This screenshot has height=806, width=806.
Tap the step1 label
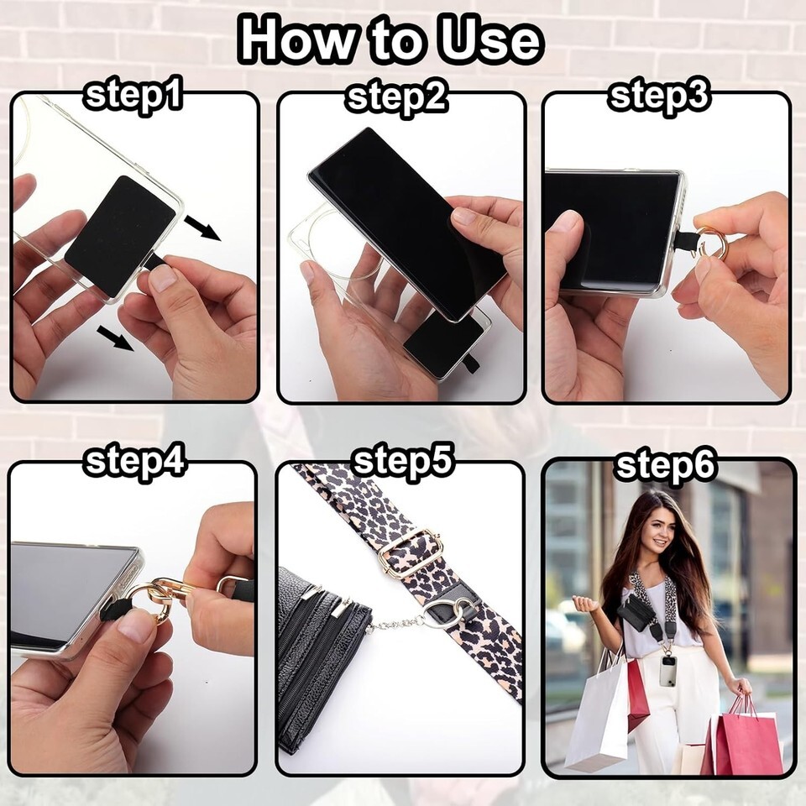133,95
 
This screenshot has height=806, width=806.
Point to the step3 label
660,95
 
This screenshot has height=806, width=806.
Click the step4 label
134,460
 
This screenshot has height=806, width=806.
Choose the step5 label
404,461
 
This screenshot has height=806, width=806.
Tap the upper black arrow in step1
202,228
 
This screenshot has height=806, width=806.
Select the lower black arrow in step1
116,338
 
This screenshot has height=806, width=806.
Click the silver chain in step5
397,623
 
